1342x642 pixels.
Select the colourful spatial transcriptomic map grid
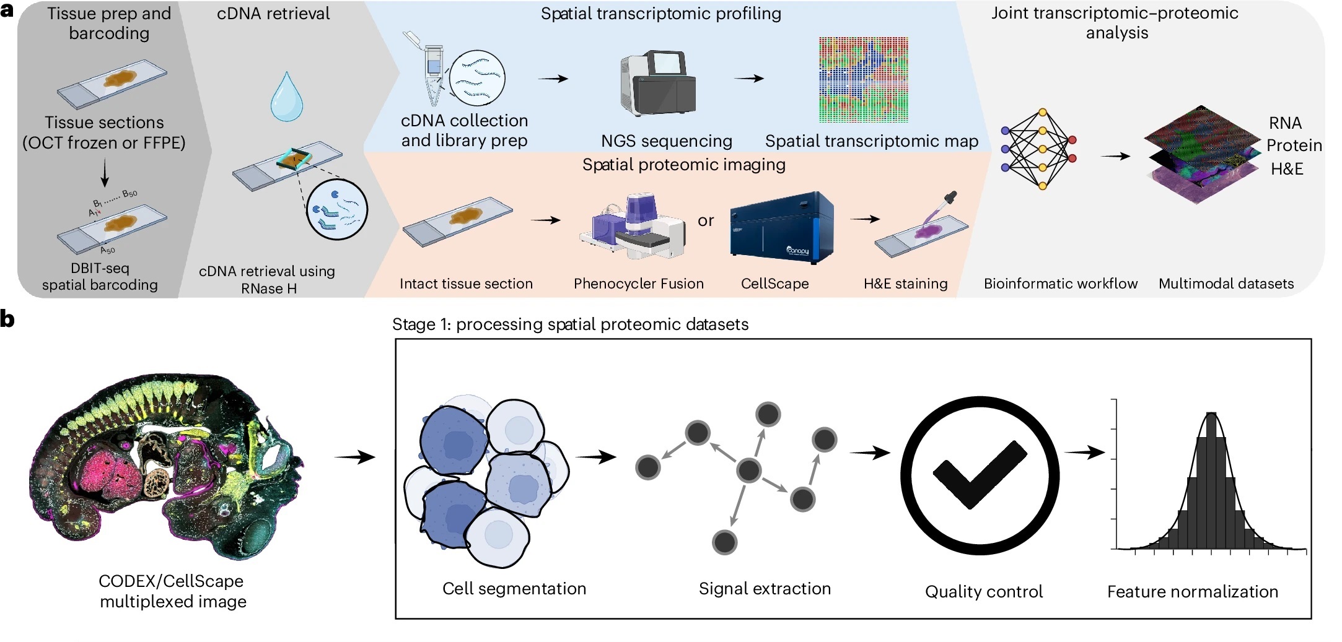tap(863, 79)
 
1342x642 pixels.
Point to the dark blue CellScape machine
tap(782, 226)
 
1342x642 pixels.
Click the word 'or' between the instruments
tap(706, 221)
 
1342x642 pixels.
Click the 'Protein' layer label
tap(1294, 145)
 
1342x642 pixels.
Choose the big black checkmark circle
tap(980, 475)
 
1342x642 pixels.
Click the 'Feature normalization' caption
tap(1192, 592)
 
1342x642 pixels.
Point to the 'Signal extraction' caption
tap(765, 589)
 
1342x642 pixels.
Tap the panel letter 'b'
tap(7, 319)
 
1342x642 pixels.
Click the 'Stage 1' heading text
tap(570, 324)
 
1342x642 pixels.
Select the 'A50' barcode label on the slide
tap(107, 250)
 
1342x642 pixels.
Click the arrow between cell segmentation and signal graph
tap(595, 458)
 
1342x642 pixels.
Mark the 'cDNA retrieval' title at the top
tap(273, 14)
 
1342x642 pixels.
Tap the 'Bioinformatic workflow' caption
tap(1060, 284)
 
